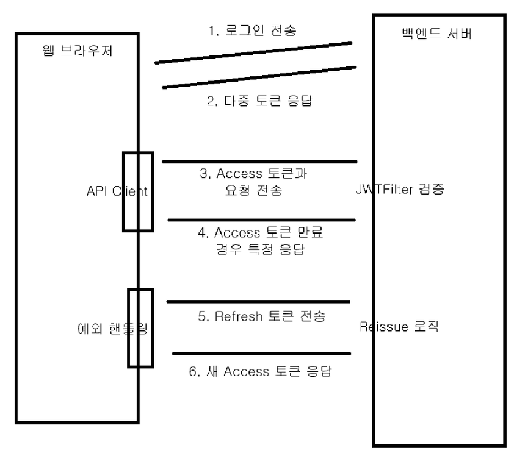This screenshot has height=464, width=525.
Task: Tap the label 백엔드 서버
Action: [x=438, y=34]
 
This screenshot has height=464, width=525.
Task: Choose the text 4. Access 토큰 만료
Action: [x=268, y=232]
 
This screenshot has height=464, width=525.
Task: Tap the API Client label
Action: [x=117, y=191]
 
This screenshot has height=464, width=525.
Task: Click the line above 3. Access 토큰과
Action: [x=259, y=162]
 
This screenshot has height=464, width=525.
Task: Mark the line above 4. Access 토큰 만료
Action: [x=261, y=220]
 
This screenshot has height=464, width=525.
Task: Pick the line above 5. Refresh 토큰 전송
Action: [x=258, y=301]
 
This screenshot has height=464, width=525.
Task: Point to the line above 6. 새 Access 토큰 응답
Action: [x=262, y=354]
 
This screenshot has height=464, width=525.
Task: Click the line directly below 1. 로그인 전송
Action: [x=254, y=52]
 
